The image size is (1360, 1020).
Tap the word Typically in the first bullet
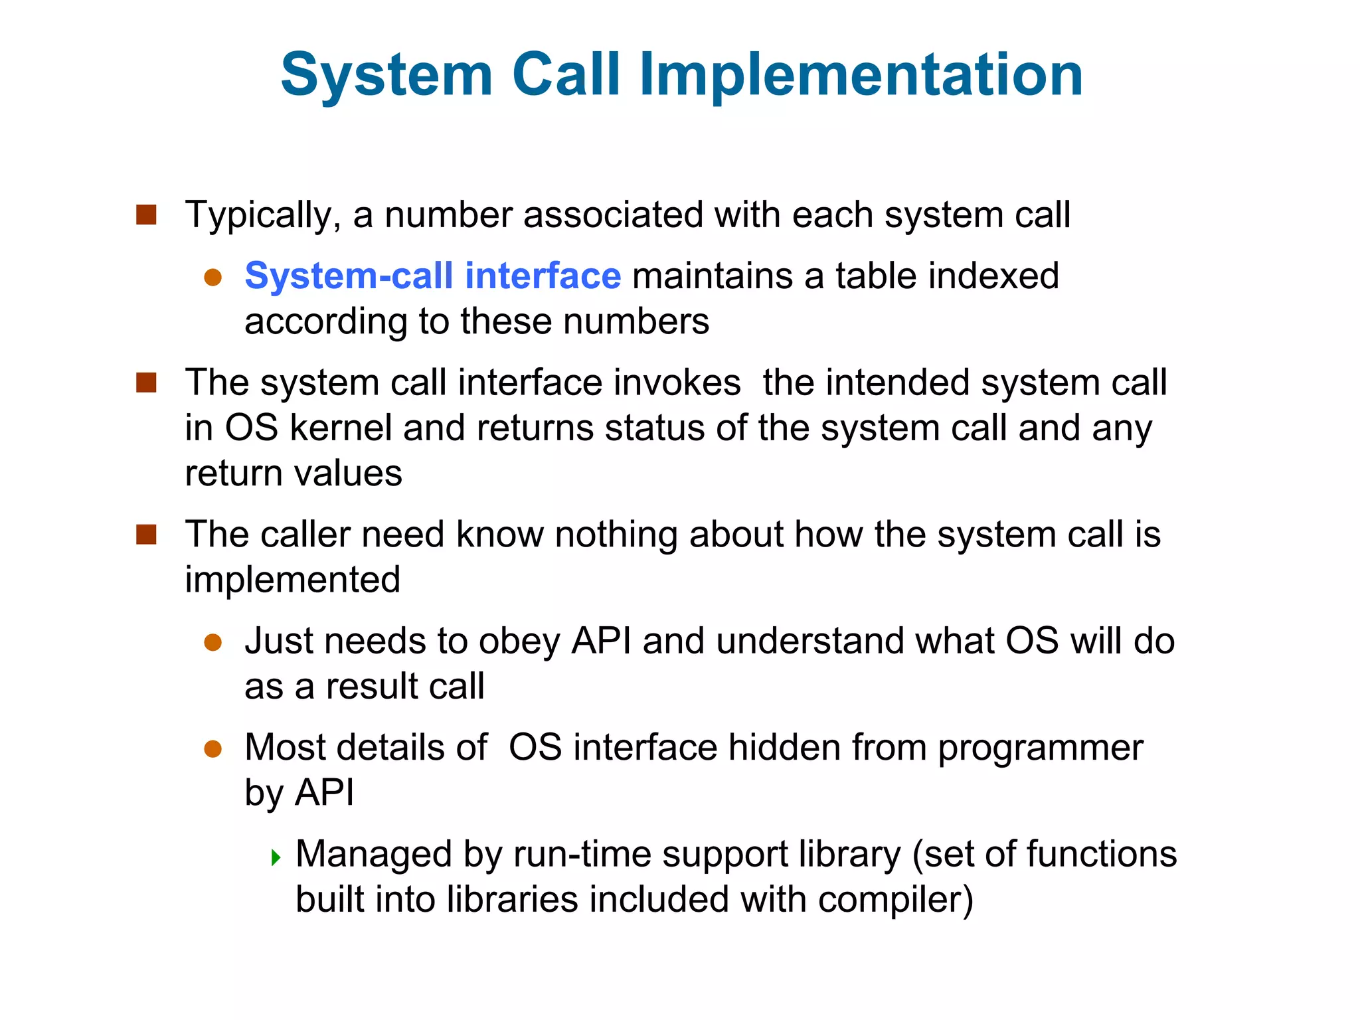[263, 215]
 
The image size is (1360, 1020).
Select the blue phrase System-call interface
[433, 276]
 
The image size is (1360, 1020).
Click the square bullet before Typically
[146, 214]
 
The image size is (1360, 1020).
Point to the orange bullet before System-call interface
[212, 278]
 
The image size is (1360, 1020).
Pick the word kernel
[341, 428]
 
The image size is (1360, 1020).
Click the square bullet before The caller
[146, 535]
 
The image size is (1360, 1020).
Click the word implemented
[292, 580]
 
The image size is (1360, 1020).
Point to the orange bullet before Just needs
[212, 643]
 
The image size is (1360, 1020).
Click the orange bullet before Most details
[212, 749]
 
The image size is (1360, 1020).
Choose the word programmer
[1041, 748]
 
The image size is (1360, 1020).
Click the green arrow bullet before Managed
[276, 857]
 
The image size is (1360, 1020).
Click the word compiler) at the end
[896, 900]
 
